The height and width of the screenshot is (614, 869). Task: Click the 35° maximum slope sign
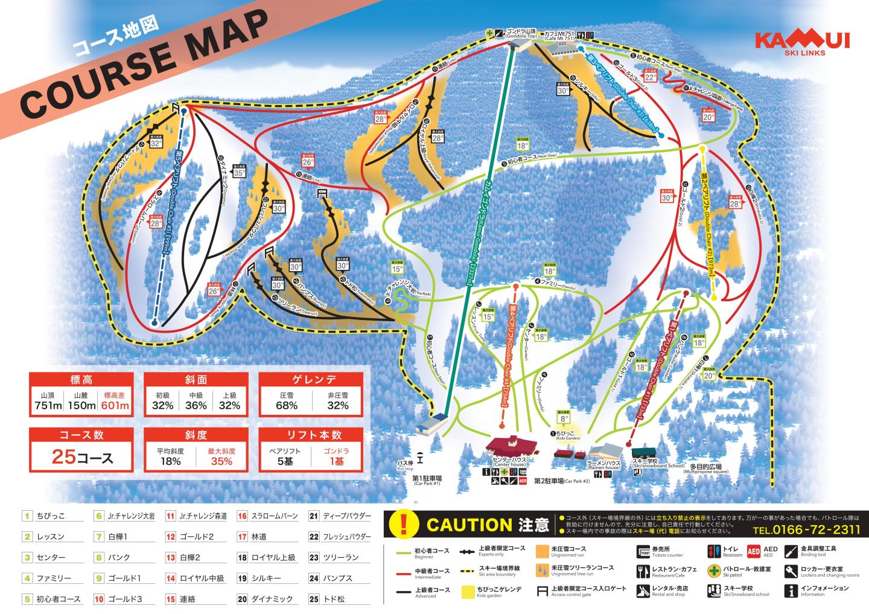240,172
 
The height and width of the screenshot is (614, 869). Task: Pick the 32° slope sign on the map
156,143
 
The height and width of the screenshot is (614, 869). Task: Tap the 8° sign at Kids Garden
564,417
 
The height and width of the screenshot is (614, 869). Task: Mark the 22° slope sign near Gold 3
650,77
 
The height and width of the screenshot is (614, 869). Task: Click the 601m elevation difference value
115,405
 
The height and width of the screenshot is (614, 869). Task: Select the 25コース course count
82,457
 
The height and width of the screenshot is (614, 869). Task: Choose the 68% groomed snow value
287,405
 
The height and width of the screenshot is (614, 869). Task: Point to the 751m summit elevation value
48,405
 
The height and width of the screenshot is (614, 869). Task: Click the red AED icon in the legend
754,551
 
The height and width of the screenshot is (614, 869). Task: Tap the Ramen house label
603,467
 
